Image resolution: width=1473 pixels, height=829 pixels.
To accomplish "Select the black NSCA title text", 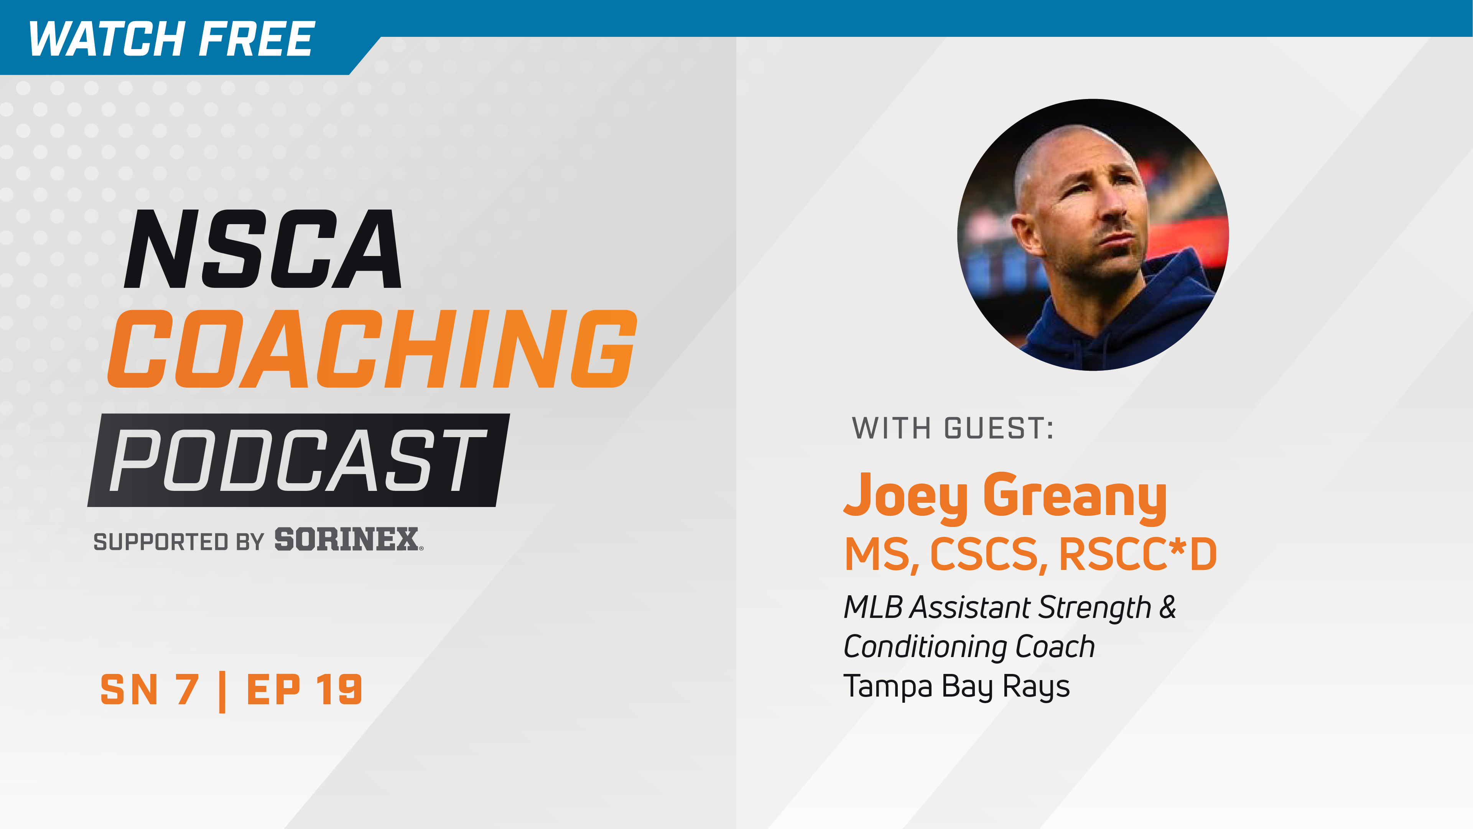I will point(263,249).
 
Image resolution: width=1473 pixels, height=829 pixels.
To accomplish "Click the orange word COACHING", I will point(372,349).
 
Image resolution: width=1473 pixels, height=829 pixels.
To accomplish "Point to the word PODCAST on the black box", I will point(297,461).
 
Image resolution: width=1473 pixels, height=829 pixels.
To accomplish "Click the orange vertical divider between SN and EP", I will point(222,692).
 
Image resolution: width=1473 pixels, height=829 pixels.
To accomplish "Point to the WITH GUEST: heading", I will point(953,429).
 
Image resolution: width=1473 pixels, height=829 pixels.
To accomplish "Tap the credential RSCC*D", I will point(1137,554).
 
